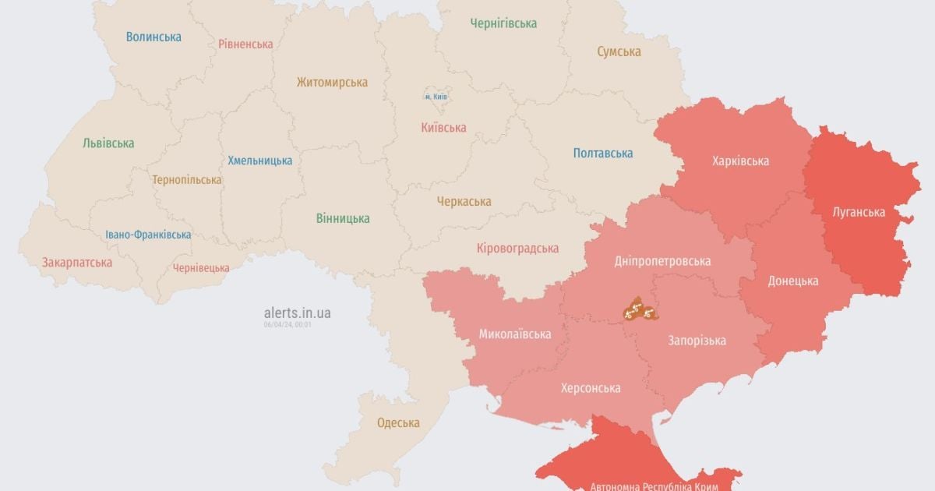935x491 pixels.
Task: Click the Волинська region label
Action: point(153,37)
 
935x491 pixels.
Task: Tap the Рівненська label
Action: point(245,44)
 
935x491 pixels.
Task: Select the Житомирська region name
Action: point(332,82)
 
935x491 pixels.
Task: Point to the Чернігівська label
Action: point(503,23)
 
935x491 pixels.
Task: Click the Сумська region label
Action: point(619,51)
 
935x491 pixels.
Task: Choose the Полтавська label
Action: point(602,153)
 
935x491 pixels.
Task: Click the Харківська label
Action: point(740,161)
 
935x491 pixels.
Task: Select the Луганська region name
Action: point(858,212)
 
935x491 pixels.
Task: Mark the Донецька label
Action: point(792,281)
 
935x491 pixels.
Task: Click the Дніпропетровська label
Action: point(662,261)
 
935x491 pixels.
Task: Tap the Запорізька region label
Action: point(697,341)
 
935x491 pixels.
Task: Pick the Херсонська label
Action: point(591,387)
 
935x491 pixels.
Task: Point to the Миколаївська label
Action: point(514,334)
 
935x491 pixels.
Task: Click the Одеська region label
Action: point(398,423)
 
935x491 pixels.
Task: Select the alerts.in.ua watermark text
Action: point(297,313)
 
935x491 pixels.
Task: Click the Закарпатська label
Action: point(77,263)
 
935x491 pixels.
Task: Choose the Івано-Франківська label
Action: point(148,235)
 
